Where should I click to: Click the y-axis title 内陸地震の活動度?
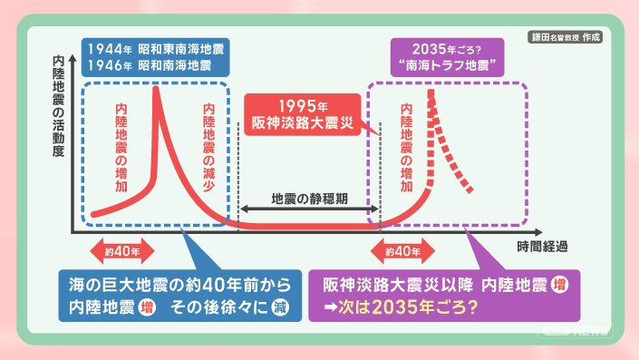coord(58,106)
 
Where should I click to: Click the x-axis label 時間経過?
coord(542,247)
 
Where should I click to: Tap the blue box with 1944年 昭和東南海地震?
coord(155,57)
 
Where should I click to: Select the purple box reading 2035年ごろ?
coord(447,57)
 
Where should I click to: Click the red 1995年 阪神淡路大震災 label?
coord(303,114)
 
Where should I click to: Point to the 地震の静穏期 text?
coord(309,199)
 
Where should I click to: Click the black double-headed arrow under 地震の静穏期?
coord(309,209)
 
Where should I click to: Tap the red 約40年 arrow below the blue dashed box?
coord(122,251)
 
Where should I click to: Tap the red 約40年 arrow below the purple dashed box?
coord(402,251)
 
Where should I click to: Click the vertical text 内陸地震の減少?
coord(208,147)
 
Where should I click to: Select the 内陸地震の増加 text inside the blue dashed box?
coord(121,147)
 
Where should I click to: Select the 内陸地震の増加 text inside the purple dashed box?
coord(406,147)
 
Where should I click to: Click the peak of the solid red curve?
coord(155,87)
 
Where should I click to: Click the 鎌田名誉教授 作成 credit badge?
coord(566,37)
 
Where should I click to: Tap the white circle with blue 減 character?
coord(280,306)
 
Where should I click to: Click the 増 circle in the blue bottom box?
coord(147,306)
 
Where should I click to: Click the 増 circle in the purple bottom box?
coord(559,285)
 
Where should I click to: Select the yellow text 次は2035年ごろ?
coord(408,306)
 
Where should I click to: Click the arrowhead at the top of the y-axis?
coord(73,58)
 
